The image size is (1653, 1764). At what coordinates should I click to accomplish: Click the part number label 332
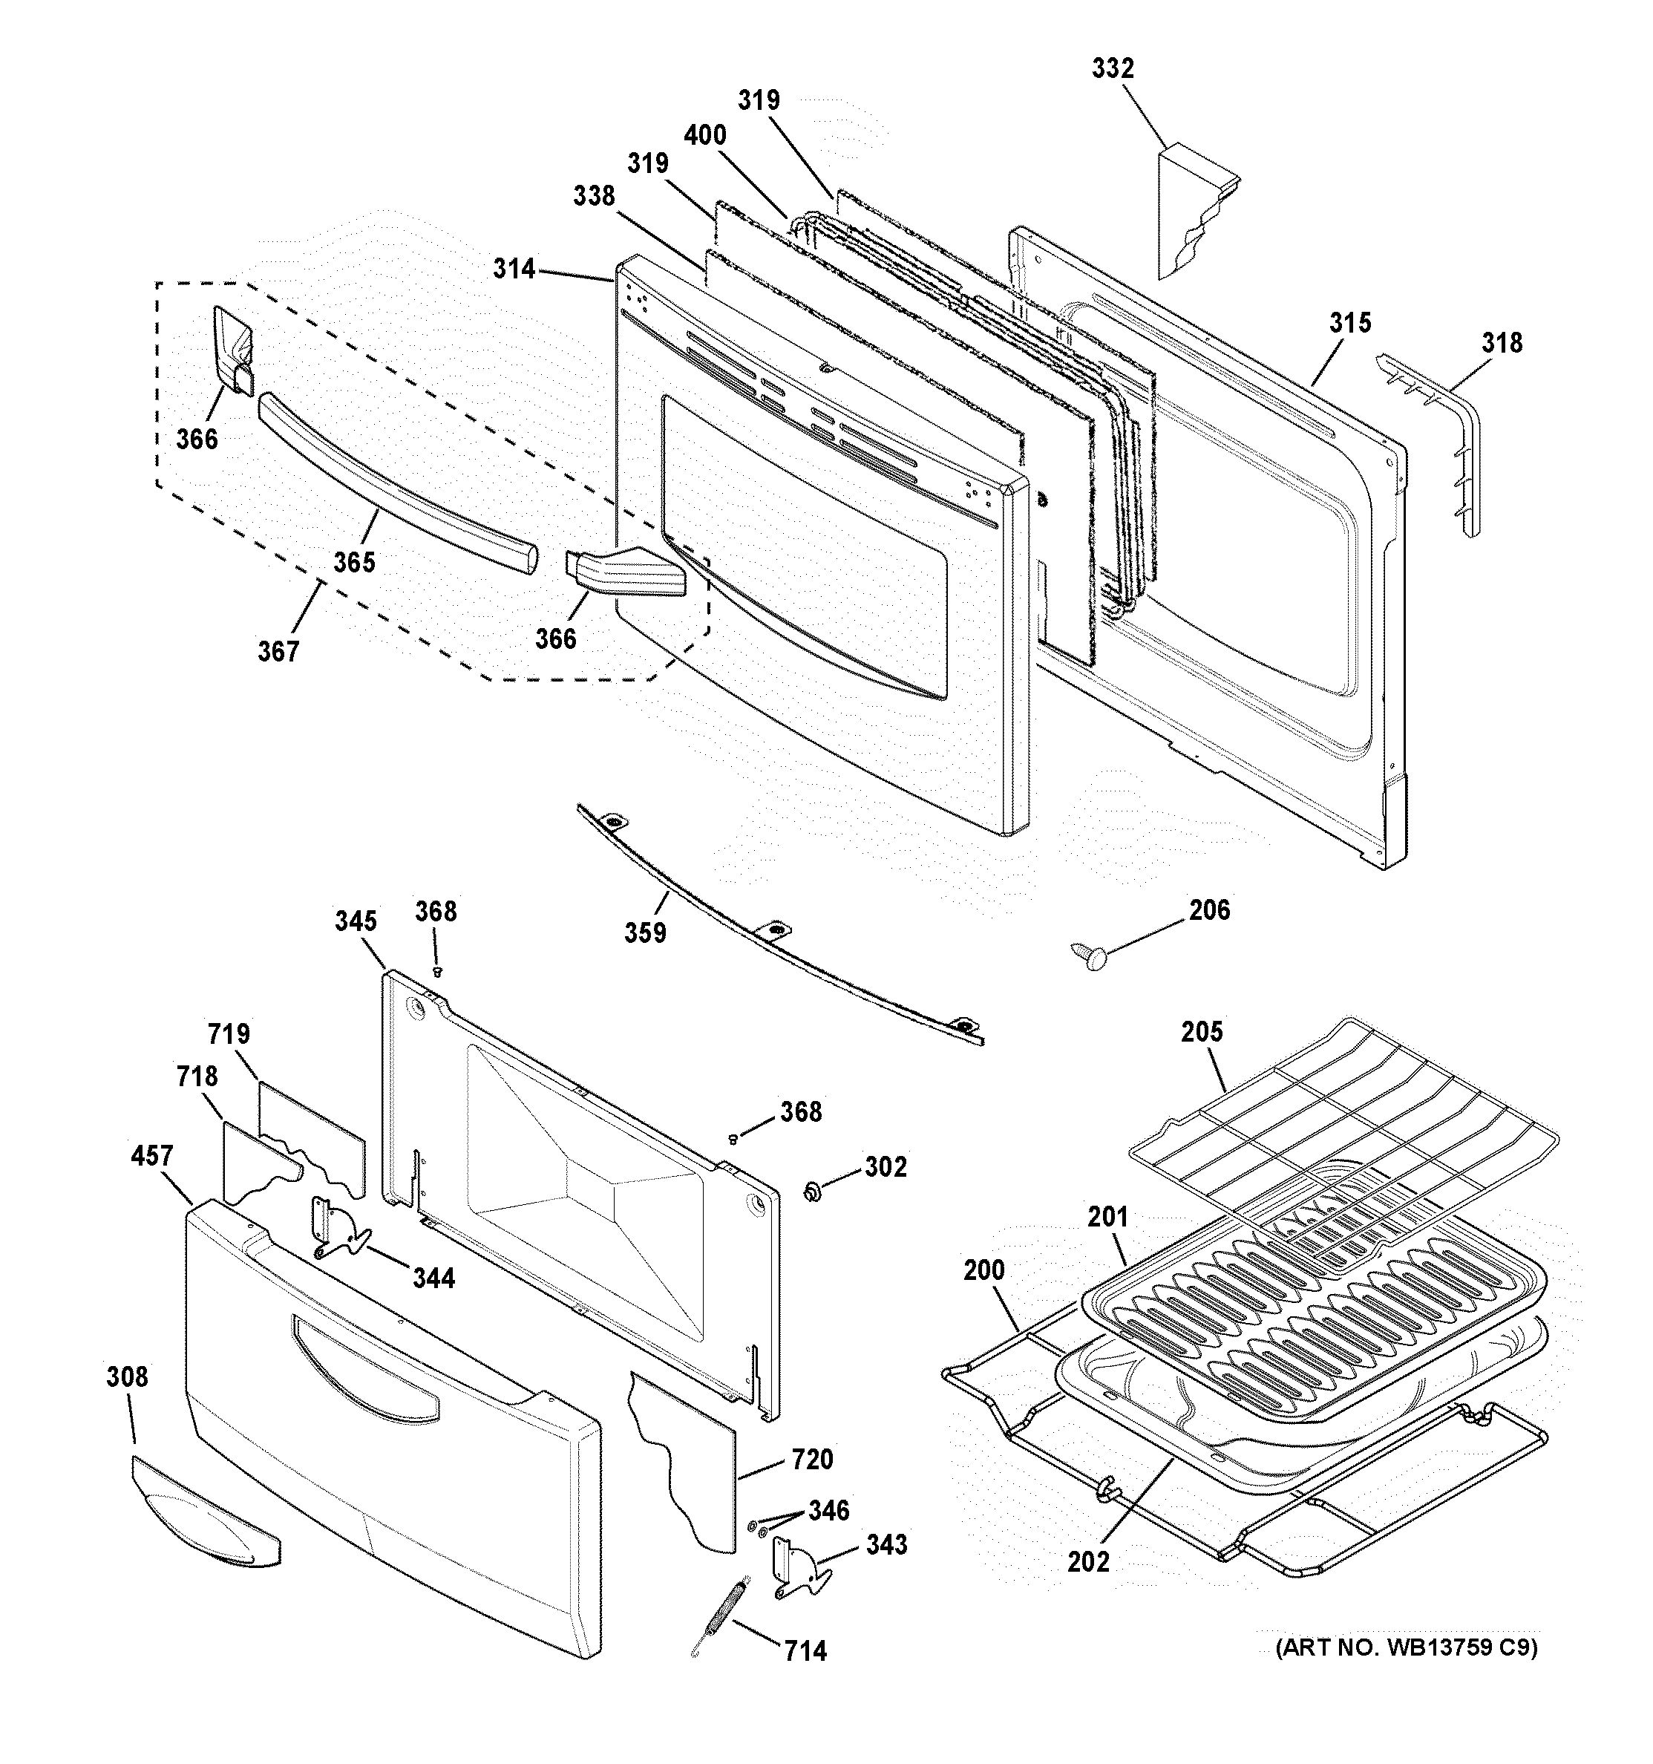point(1112,69)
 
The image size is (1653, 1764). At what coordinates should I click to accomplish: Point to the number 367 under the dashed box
point(278,652)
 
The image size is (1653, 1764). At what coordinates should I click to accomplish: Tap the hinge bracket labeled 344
point(338,1229)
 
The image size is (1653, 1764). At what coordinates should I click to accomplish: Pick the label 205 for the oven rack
point(1202,1032)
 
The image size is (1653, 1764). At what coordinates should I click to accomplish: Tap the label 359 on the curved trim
point(645,933)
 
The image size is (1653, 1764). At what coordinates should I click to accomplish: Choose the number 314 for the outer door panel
point(514,269)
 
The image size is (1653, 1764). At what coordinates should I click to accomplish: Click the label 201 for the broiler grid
point(1107,1218)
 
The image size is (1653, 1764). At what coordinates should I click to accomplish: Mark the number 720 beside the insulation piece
point(813,1460)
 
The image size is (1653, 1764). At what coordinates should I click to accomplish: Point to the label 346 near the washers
point(828,1510)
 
